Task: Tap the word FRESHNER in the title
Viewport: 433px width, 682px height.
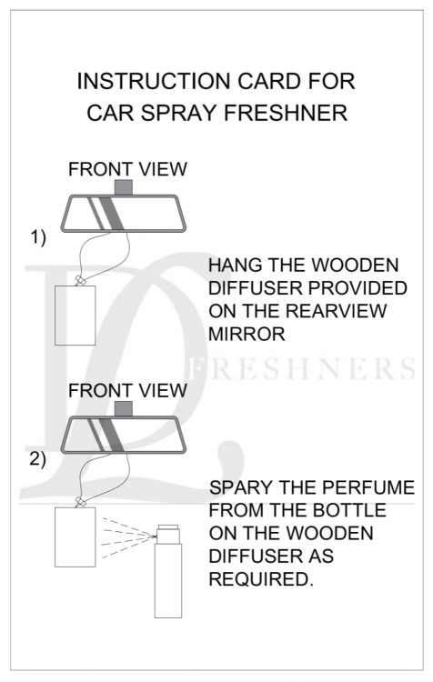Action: coord(286,113)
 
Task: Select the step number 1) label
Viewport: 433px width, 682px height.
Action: coord(37,237)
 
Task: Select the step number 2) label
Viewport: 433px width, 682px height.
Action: coord(37,459)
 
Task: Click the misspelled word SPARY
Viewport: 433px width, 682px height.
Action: coord(241,487)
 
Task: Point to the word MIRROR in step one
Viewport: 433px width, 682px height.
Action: coord(247,334)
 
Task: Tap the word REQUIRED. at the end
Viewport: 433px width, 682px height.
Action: coord(261,579)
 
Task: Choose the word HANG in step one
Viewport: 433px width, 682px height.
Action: coord(235,266)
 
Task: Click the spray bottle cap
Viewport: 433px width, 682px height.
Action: coord(168,534)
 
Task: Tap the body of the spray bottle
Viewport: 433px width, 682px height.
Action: coord(168,580)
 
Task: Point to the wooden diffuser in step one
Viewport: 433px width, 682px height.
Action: coord(75,316)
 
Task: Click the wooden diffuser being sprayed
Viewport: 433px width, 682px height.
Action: coord(75,537)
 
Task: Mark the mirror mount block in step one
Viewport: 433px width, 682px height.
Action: coord(123,187)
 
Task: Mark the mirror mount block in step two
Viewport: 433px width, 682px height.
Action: coord(123,409)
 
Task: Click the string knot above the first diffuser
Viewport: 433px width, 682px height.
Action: coord(80,281)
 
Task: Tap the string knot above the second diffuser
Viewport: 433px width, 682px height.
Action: coord(80,502)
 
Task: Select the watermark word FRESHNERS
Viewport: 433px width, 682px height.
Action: coord(303,369)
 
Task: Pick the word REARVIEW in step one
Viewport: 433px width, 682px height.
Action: coord(337,311)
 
